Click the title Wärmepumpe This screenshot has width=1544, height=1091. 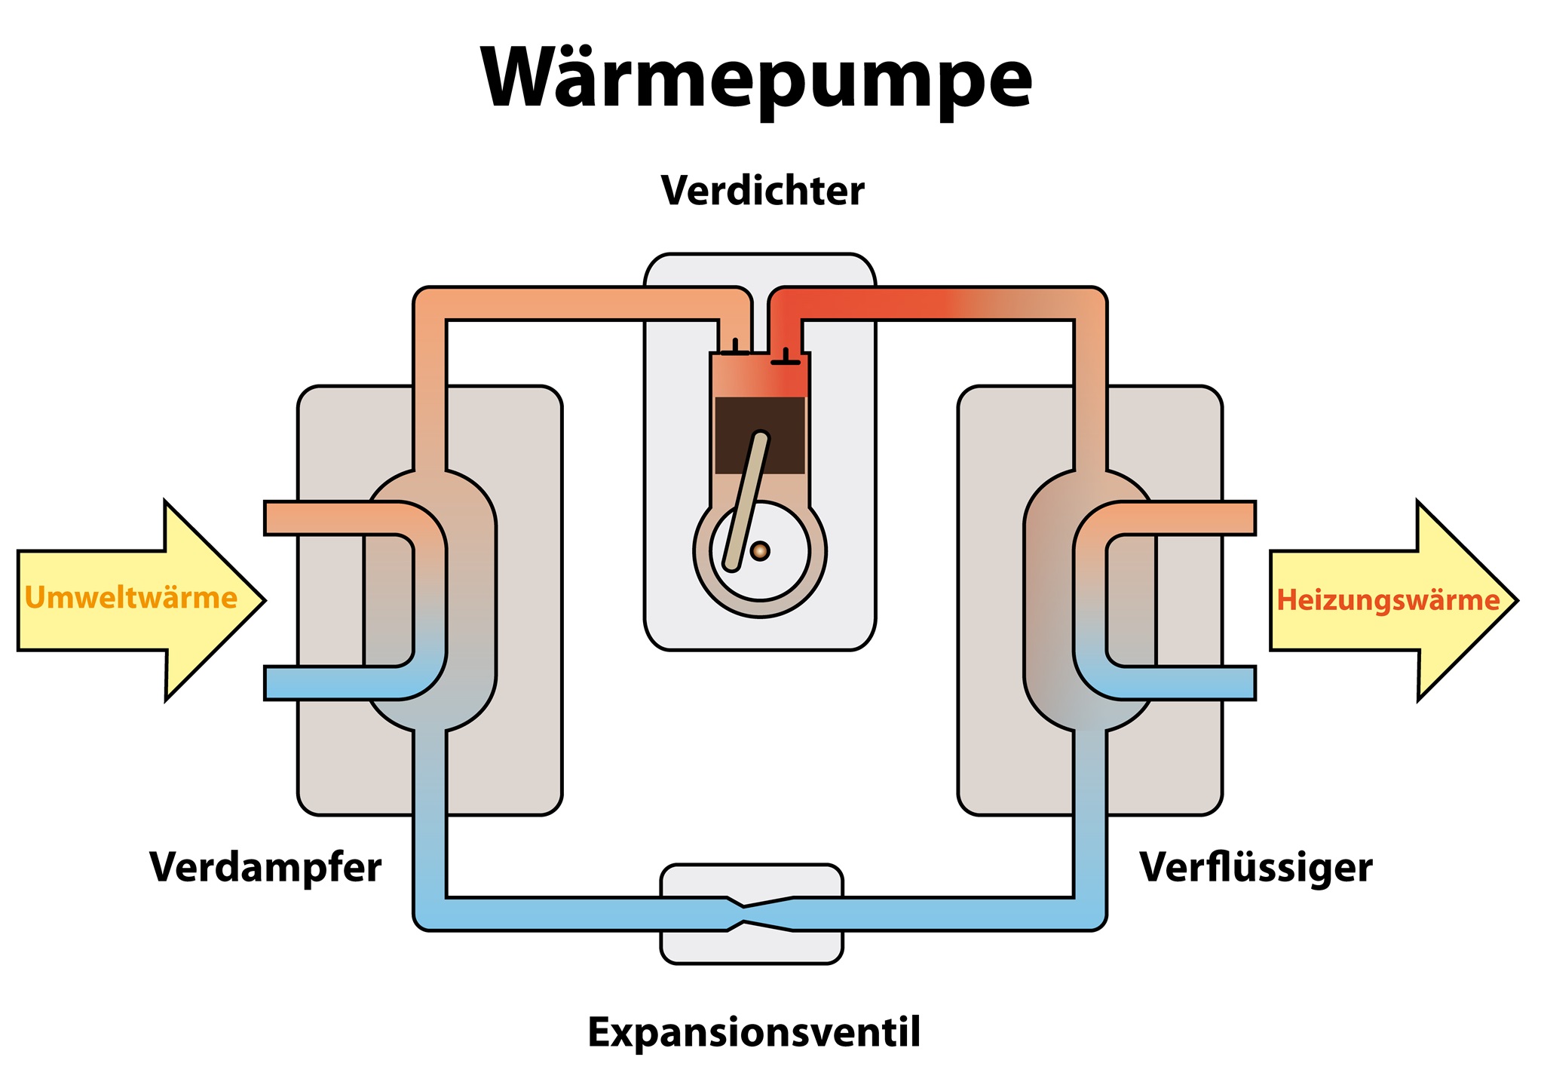click(756, 80)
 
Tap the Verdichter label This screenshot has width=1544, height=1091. click(762, 191)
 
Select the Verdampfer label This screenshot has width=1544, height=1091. click(265, 869)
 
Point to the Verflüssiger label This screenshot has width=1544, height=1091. click(1255, 869)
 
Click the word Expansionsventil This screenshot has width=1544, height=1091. click(754, 1033)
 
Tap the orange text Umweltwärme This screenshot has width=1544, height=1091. click(131, 598)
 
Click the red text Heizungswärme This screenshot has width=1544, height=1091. click(1388, 600)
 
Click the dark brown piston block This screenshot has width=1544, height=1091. click(760, 435)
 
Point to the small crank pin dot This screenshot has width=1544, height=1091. click(760, 551)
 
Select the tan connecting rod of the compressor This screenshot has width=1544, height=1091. click(746, 501)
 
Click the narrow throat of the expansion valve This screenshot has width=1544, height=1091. click(744, 914)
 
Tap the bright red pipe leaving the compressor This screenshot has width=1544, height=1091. click(867, 304)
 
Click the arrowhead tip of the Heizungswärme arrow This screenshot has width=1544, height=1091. click(1517, 601)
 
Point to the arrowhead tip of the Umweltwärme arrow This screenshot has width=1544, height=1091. click(265, 601)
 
